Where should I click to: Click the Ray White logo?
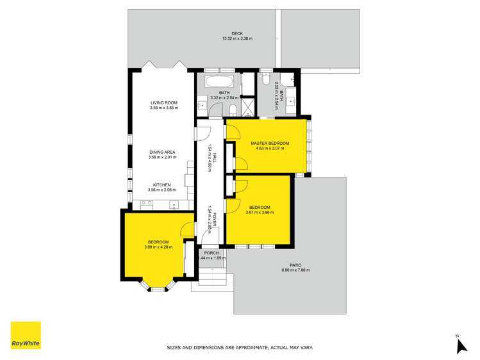coord(26,335)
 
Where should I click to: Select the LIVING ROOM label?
coord(163,102)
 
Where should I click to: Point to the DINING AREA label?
coord(162,152)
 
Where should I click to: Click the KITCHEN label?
coord(161,185)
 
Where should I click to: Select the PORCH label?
coord(211,253)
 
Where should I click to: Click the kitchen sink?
coord(174,205)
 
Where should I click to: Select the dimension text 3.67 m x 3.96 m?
coord(260,212)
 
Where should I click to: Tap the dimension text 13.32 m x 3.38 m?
coord(237,39)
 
